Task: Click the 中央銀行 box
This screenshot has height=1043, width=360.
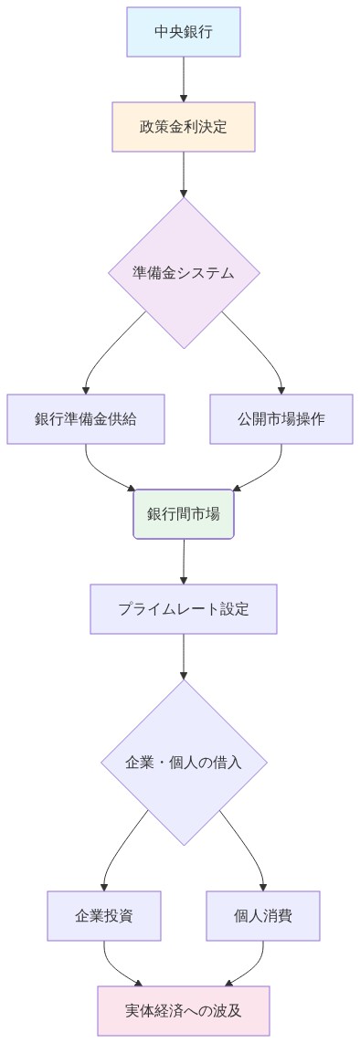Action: tap(184, 32)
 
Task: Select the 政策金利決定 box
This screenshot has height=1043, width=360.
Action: tap(184, 126)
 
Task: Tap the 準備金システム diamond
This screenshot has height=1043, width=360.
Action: tap(184, 273)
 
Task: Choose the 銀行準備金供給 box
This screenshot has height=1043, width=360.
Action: tap(86, 419)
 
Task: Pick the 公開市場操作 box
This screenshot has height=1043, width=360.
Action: tap(281, 419)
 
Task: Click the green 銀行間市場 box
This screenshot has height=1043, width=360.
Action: tap(184, 514)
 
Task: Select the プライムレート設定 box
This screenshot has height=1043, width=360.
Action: tap(184, 608)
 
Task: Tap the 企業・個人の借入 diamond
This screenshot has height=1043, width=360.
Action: tap(184, 762)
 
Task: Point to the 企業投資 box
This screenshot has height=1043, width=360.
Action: tap(104, 915)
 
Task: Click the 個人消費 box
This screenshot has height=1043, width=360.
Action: tap(263, 915)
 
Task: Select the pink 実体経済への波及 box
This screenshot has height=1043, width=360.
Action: tap(184, 1010)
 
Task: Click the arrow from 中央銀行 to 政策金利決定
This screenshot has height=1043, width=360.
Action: tap(184, 79)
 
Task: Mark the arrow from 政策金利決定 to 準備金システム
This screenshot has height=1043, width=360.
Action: tap(184, 174)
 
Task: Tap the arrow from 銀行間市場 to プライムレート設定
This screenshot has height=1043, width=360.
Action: tap(184, 561)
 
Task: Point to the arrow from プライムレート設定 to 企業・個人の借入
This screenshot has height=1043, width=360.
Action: tap(184, 656)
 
